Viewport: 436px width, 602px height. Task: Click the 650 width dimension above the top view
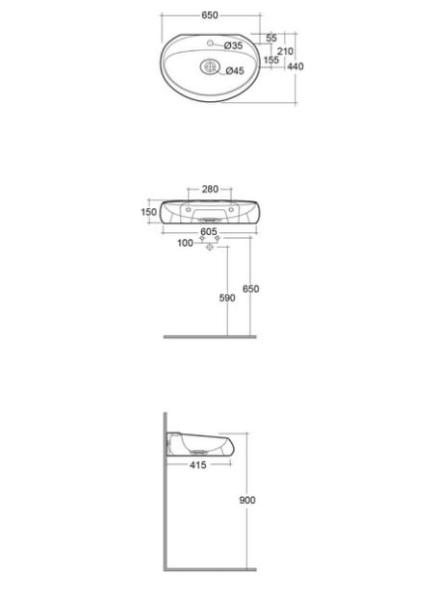[x=210, y=15]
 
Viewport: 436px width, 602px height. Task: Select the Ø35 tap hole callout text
[x=233, y=45]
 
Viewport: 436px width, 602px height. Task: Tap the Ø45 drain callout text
[x=235, y=70]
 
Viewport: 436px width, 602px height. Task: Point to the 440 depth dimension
[x=295, y=66]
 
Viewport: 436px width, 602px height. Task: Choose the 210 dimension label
[x=285, y=51]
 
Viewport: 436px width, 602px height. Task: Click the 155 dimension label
[x=271, y=60]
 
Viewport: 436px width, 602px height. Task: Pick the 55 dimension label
[x=271, y=38]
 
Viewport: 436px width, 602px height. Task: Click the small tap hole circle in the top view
[x=210, y=43]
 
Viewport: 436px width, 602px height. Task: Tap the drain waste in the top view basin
[x=210, y=67]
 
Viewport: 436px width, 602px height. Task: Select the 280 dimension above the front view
[x=210, y=189]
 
